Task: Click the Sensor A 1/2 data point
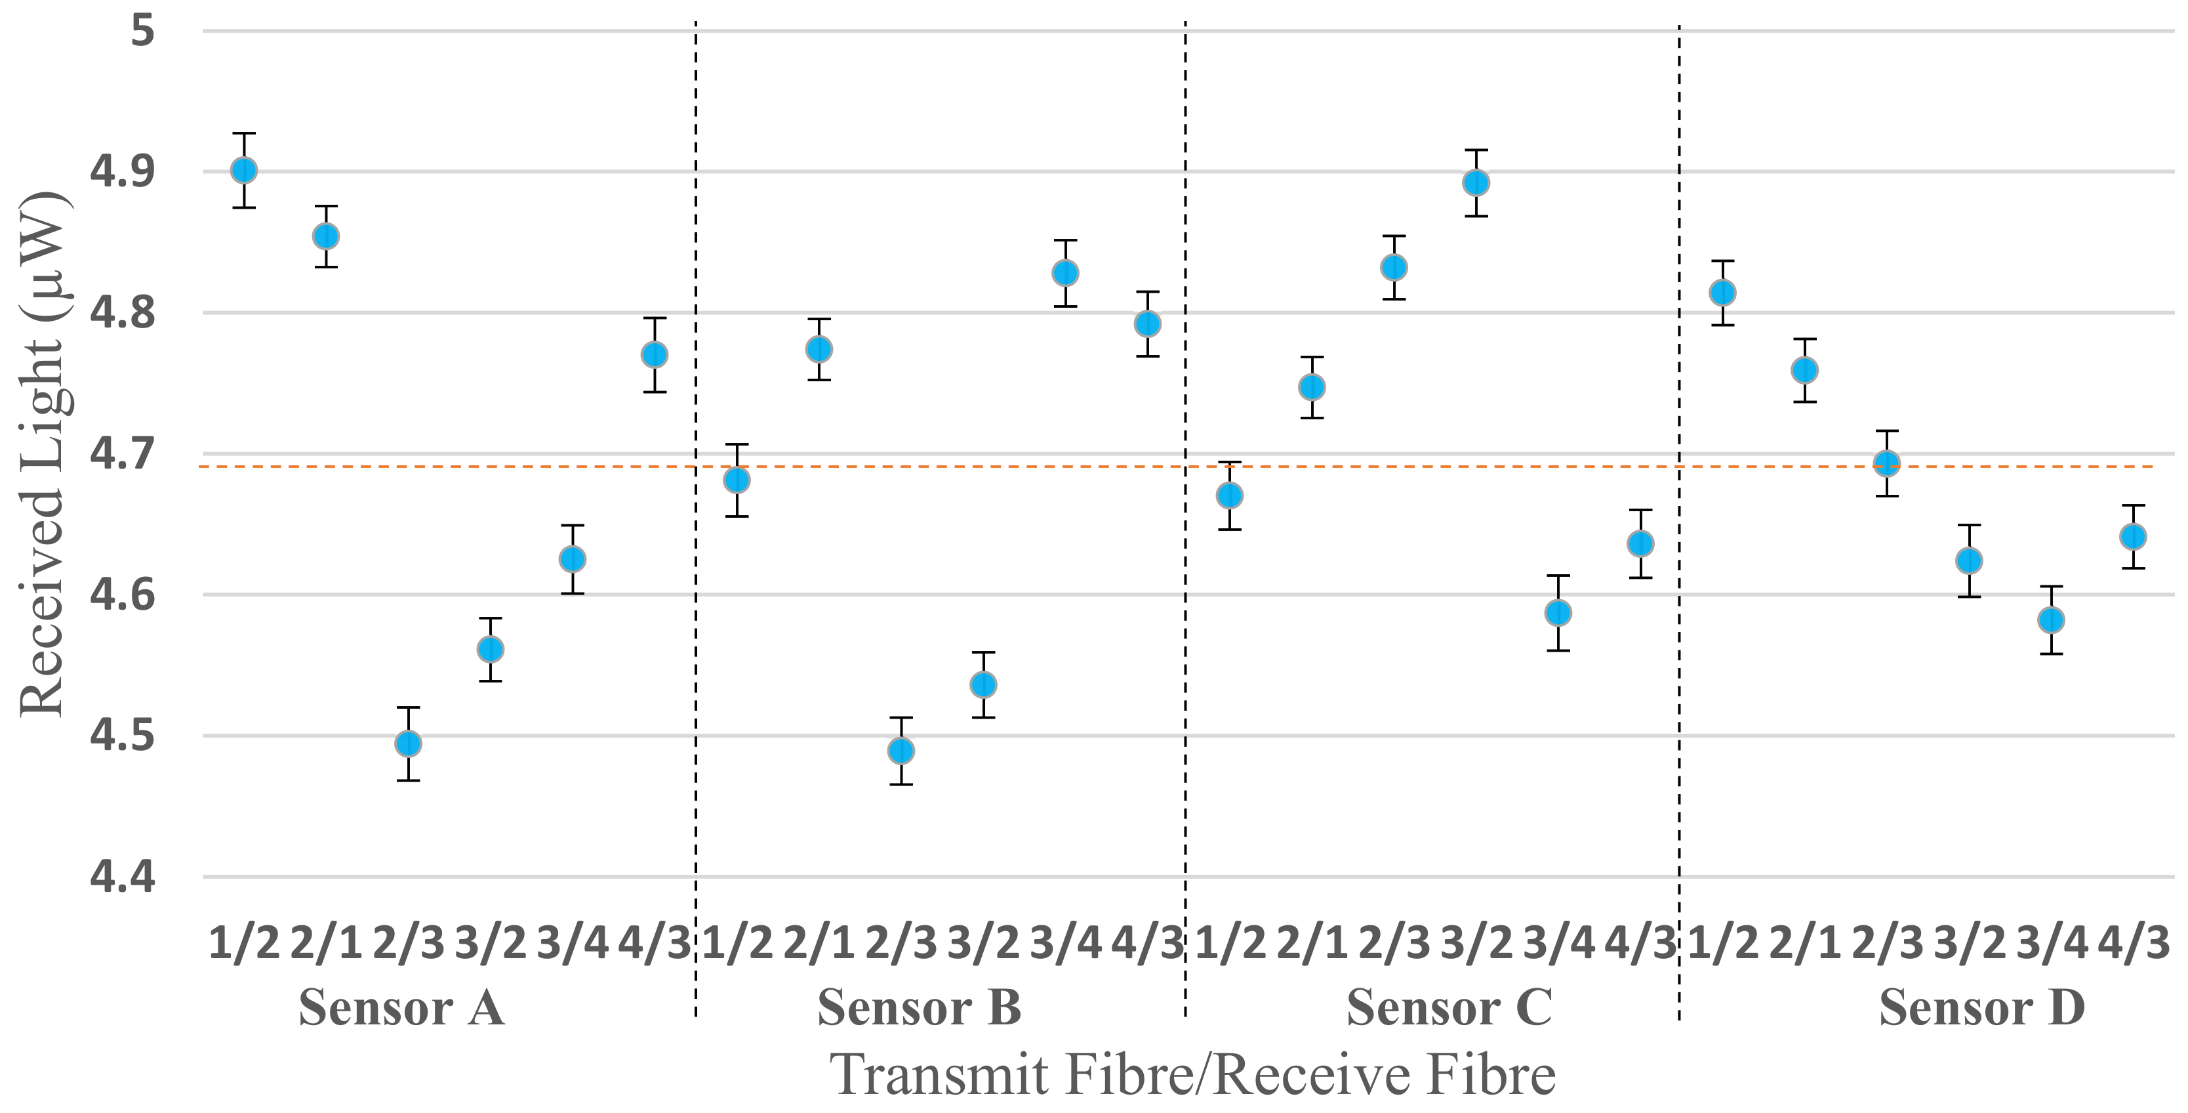tap(244, 171)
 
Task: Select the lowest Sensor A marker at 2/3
tap(409, 744)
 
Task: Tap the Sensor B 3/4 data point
tap(1065, 274)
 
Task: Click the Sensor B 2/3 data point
tap(901, 751)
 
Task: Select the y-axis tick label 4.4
tap(123, 877)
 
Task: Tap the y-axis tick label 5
tap(143, 31)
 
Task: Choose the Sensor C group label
tap(1449, 1009)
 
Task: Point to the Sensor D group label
tap(1981, 1009)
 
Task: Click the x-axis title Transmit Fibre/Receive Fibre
tap(1192, 1075)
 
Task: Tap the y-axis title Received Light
tap(43, 455)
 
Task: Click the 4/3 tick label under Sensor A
tap(654, 943)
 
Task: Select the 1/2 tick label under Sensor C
tap(1230, 943)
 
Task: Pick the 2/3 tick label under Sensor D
tap(1886, 943)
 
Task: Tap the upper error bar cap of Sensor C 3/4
tap(1558, 576)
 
